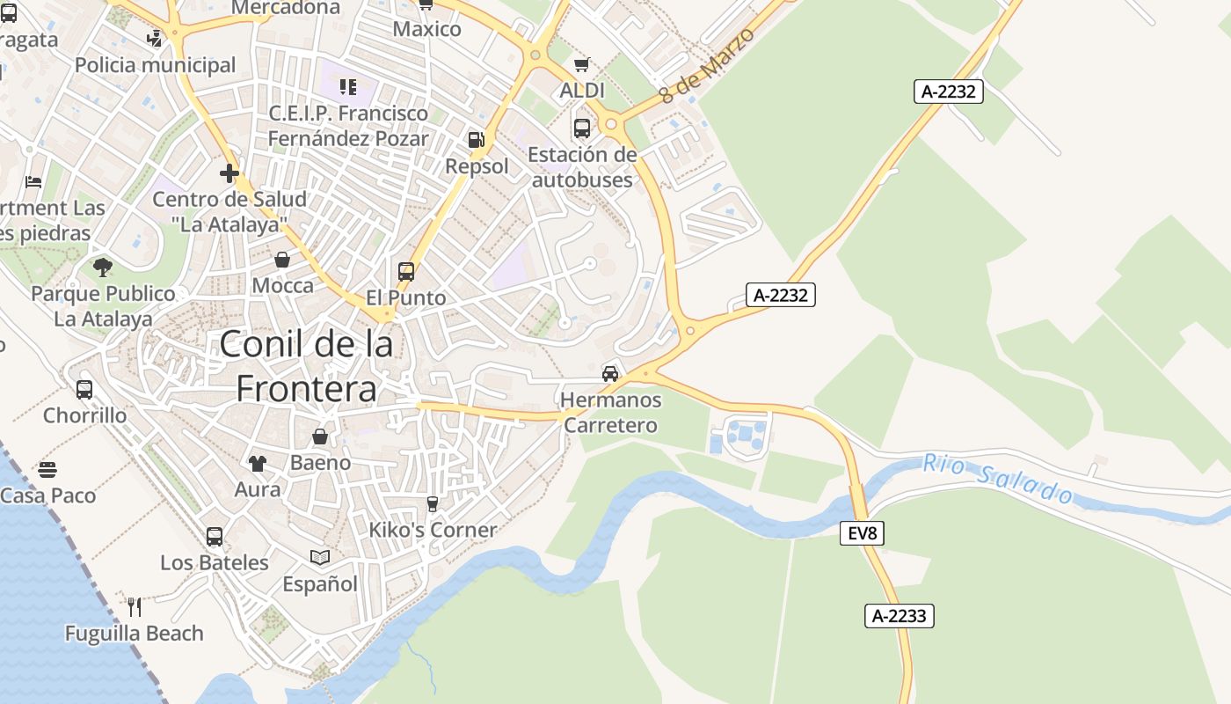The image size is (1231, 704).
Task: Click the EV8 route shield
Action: click(x=862, y=532)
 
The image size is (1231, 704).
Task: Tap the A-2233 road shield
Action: click(x=899, y=616)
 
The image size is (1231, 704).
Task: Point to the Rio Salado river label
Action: click(x=998, y=478)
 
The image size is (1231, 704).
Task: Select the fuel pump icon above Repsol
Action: click(x=476, y=139)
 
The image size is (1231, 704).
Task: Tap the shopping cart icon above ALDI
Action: click(x=581, y=65)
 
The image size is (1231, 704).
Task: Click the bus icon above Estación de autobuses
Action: click(x=582, y=128)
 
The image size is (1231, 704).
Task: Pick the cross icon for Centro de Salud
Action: click(x=229, y=173)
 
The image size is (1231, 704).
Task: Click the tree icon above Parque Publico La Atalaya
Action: click(x=103, y=267)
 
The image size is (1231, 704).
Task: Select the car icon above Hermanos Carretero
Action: click(x=610, y=374)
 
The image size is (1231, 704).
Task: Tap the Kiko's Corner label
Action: click(x=433, y=530)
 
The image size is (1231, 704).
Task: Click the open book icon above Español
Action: click(x=320, y=557)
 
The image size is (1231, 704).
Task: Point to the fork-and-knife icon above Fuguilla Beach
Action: click(x=135, y=606)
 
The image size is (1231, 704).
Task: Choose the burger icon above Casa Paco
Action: click(x=47, y=470)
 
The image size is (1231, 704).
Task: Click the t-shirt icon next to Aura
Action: click(x=258, y=463)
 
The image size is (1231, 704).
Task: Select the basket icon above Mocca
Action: click(x=282, y=260)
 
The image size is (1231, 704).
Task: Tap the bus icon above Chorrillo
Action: click(x=84, y=389)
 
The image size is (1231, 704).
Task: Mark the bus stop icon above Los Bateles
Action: click(x=215, y=536)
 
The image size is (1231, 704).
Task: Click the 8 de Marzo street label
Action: click(x=708, y=64)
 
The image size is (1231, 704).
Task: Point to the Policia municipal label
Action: click(x=156, y=65)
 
